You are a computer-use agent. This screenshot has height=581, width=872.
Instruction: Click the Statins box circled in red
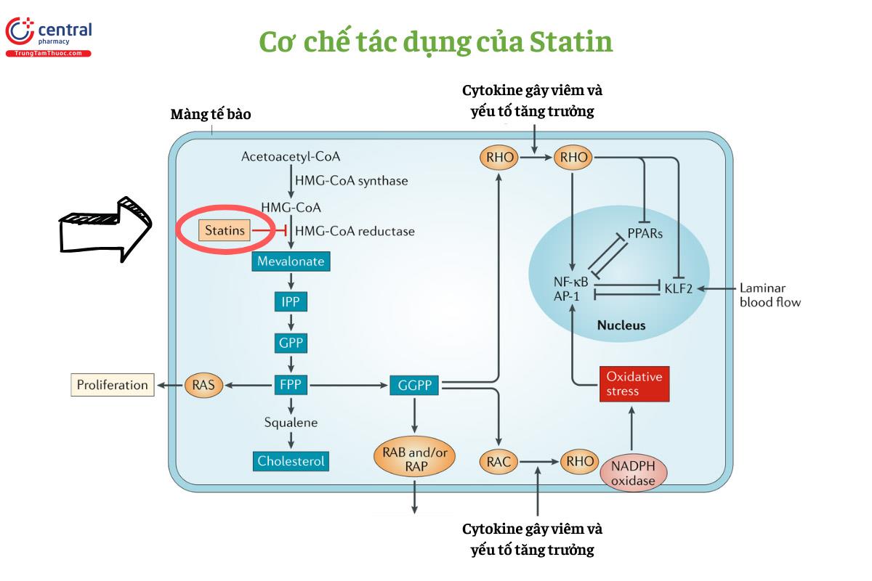tap(225, 231)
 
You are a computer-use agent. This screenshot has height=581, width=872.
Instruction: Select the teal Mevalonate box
tap(291, 261)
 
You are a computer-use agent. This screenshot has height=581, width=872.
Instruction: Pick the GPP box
tap(291, 343)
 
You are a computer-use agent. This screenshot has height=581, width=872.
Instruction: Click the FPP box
tap(291, 385)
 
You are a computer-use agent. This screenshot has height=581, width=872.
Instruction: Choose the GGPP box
tap(414, 385)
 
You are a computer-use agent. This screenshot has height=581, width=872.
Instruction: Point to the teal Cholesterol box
tap(291, 460)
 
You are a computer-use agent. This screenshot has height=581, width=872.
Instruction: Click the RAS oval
tap(203, 385)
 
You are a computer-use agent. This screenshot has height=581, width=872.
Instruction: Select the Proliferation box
tap(113, 385)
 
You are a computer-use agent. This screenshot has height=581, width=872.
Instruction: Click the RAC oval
tap(498, 460)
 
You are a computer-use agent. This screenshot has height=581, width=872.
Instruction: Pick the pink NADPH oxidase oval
tap(632, 472)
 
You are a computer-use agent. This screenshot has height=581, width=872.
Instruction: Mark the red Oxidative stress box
tap(633, 384)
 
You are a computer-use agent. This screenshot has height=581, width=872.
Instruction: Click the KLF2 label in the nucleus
tap(679, 288)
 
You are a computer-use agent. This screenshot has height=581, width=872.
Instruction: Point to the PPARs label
tap(644, 235)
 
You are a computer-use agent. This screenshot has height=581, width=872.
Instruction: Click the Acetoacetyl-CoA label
tap(291, 156)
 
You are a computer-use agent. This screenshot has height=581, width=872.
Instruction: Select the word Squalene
tap(291, 422)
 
